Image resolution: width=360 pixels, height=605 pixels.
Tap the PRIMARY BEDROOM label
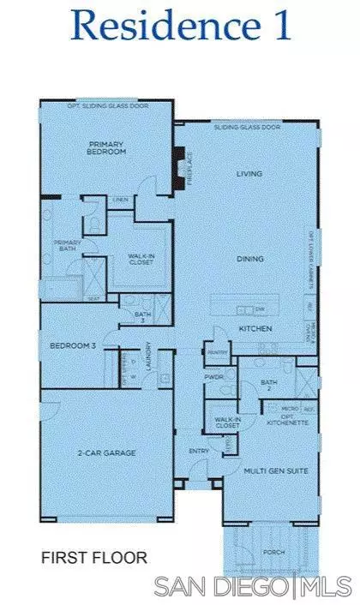108,147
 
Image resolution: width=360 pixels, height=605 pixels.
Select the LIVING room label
249,174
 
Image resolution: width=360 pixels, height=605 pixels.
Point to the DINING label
250,258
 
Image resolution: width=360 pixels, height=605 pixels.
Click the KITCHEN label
255,328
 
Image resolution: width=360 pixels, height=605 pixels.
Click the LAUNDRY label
149,353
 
